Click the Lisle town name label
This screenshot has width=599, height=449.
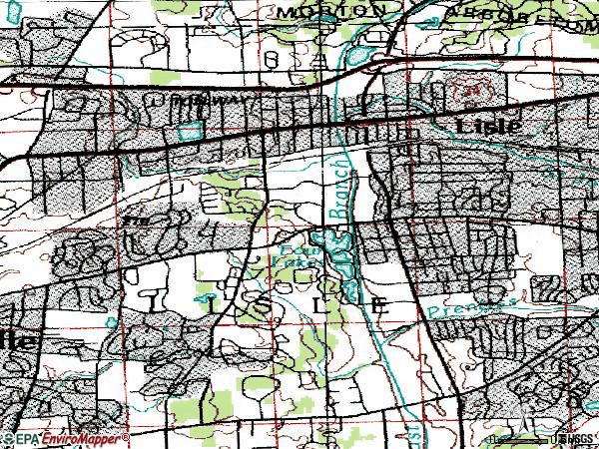pyautogui.click(x=488, y=125)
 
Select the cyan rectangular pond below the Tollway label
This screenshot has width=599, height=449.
pyautogui.click(x=188, y=128)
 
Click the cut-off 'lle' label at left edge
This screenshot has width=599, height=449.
pyautogui.click(x=18, y=339)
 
